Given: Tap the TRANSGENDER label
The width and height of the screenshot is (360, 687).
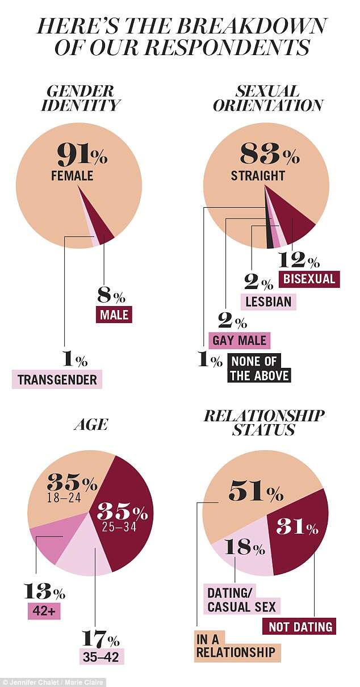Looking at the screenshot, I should click(x=57, y=380).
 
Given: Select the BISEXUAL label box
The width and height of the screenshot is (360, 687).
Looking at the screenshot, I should click(x=309, y=279).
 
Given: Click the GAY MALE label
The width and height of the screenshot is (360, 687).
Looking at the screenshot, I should click(x=238, y=340).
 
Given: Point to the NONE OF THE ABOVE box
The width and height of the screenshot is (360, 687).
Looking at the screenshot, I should click(x=259, y=368).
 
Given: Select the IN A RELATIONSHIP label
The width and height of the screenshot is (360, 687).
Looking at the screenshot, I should click(x=237, y=645).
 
